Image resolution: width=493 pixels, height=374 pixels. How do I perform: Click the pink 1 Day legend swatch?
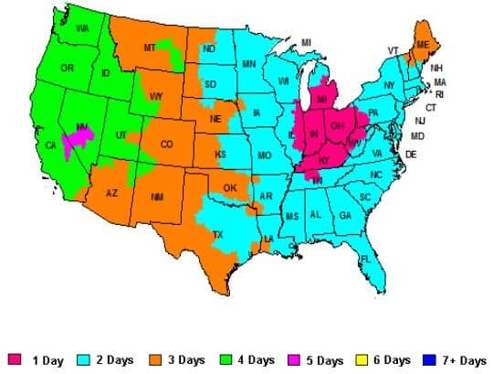click(15, 360)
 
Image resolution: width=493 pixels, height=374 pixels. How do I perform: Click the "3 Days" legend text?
click(186, 360)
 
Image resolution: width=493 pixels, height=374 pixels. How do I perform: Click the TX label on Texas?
click(217, 234)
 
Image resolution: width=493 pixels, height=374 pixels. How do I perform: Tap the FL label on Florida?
click(365, 259)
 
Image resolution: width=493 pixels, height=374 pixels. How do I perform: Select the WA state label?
click(82, 29)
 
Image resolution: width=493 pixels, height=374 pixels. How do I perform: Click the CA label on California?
click(50, 145)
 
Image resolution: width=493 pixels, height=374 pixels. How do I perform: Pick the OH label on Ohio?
click(337, 125)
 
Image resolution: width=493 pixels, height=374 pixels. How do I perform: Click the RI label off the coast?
click(439, 94)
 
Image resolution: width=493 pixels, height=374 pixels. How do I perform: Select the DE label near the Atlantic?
click(411, 155)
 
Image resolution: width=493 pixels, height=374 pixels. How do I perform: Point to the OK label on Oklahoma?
click(230, 189)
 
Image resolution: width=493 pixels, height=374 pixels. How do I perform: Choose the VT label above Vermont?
click(393, 50)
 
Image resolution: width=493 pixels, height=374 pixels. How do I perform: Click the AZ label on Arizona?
click(112, 194)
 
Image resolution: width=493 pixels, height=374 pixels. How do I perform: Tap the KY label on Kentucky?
click(325, 160)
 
